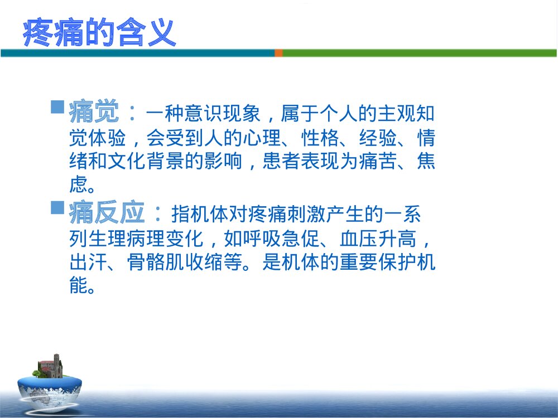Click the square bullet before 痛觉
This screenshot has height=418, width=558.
[x=57, y=106]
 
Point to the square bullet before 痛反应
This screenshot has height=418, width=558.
[x=57, y=207]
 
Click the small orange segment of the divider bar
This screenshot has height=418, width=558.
[x=278, y=53]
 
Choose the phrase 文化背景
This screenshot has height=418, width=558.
[x=158, y=162]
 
